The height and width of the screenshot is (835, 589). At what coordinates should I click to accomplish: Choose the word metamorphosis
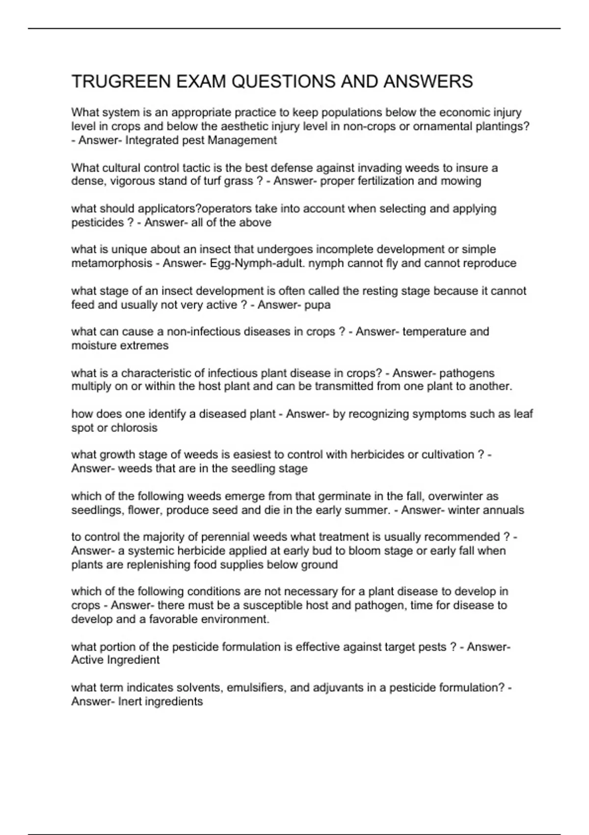click(x=111, y=263)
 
